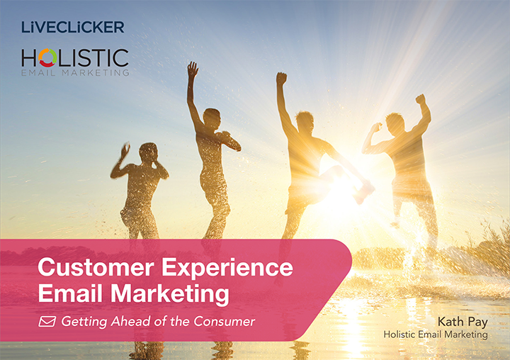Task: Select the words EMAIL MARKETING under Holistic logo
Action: pos(75,72)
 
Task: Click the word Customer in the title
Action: pos(96,268)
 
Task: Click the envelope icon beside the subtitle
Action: pos(47,321)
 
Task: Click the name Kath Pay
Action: pos(461,320)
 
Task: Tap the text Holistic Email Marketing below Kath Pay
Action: pos(436,334)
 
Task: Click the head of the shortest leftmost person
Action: pos(149,151)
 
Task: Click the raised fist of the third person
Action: pos(281,77)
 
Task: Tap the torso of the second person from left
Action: pos(210,152)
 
